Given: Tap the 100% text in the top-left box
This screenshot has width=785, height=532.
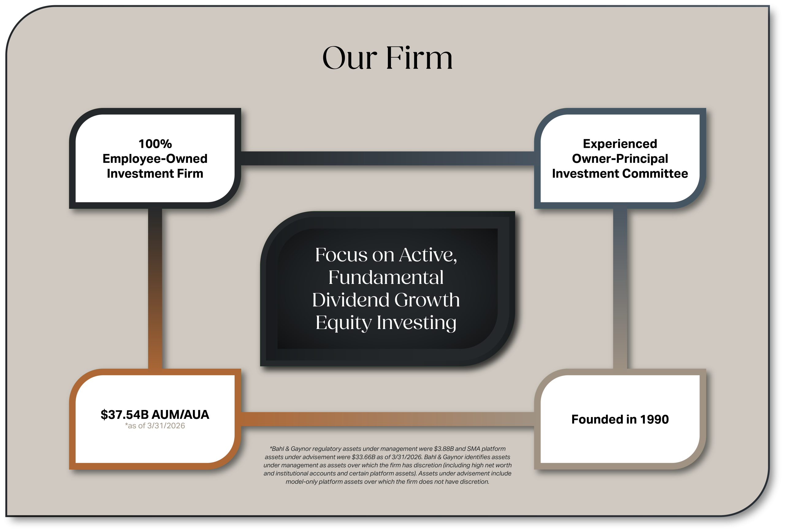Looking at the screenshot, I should coord(155,144).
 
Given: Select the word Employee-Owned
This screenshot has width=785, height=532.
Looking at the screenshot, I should coord(155,159).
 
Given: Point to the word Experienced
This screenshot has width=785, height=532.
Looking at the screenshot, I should coord(620,144).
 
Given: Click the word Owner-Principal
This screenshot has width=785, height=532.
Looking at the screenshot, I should coord(620,159).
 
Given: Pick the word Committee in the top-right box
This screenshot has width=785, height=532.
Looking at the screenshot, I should coord(655,174).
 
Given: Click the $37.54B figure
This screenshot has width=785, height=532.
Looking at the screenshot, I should coord(124,415).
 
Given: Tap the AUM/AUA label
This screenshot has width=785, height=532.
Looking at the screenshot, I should coord(180,415).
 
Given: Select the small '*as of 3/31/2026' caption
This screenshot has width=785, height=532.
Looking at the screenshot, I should coord(155,426).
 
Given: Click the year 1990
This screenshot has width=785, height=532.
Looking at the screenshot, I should coord(654,419).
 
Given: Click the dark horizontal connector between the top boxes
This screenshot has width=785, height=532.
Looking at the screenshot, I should coord(387,159).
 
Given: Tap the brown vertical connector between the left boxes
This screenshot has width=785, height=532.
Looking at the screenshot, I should coord(155,289).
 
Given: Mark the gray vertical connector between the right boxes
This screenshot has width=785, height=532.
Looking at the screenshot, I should coord(620,289).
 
